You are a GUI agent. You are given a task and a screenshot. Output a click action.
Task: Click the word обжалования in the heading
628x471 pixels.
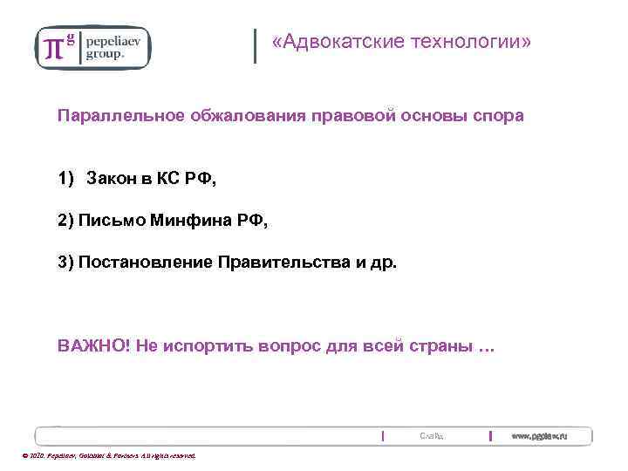[243, 116]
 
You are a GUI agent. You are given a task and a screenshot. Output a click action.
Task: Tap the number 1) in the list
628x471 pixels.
[67, 179]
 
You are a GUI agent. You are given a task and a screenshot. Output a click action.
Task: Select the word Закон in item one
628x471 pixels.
[111, 179]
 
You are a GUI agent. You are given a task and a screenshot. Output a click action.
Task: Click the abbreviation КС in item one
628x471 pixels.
[168, 179]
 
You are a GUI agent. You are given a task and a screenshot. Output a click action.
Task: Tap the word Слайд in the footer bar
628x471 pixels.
[432, 435]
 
